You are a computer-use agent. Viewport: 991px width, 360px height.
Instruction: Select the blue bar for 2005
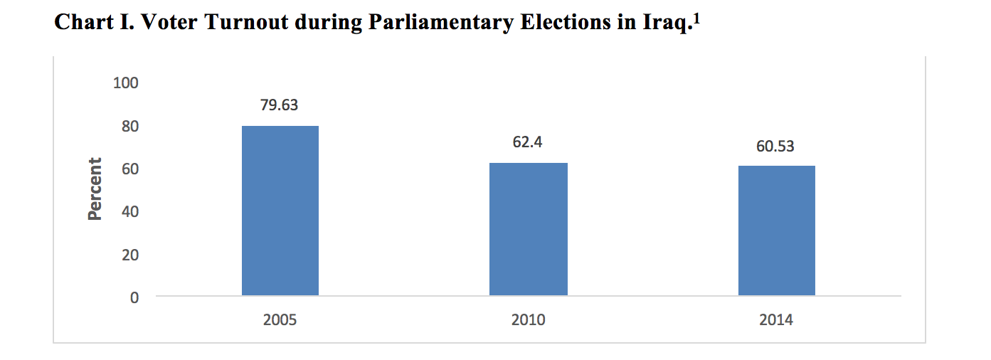click(280, 211)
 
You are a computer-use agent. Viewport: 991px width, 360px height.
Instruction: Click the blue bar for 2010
click(528, 229)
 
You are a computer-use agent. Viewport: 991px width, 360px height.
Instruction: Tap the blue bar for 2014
click(776, 231)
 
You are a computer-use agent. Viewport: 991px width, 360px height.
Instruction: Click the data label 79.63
click(280, 105)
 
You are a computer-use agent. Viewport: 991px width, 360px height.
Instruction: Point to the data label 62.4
click(528, 142)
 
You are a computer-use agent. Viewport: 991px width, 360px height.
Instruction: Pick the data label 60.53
click(775, 147)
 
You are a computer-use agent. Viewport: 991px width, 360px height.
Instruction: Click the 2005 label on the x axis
click(280, 320)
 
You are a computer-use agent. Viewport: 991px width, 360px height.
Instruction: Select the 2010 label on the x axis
click(528, 320)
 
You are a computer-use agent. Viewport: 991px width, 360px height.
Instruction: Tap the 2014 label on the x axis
click(775, 320)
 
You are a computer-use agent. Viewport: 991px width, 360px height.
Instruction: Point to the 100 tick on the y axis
click(125, 83)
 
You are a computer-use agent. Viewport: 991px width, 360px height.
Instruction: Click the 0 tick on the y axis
click(134, 297)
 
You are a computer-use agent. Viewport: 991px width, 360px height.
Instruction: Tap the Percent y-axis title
click(95, 189)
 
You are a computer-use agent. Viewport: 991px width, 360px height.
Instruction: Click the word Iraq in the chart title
click(666, 23)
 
